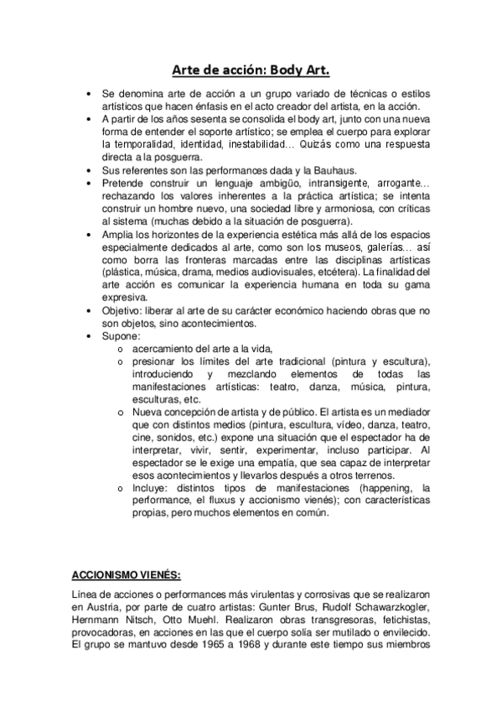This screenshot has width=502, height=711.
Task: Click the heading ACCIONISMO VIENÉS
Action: (126, 576)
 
